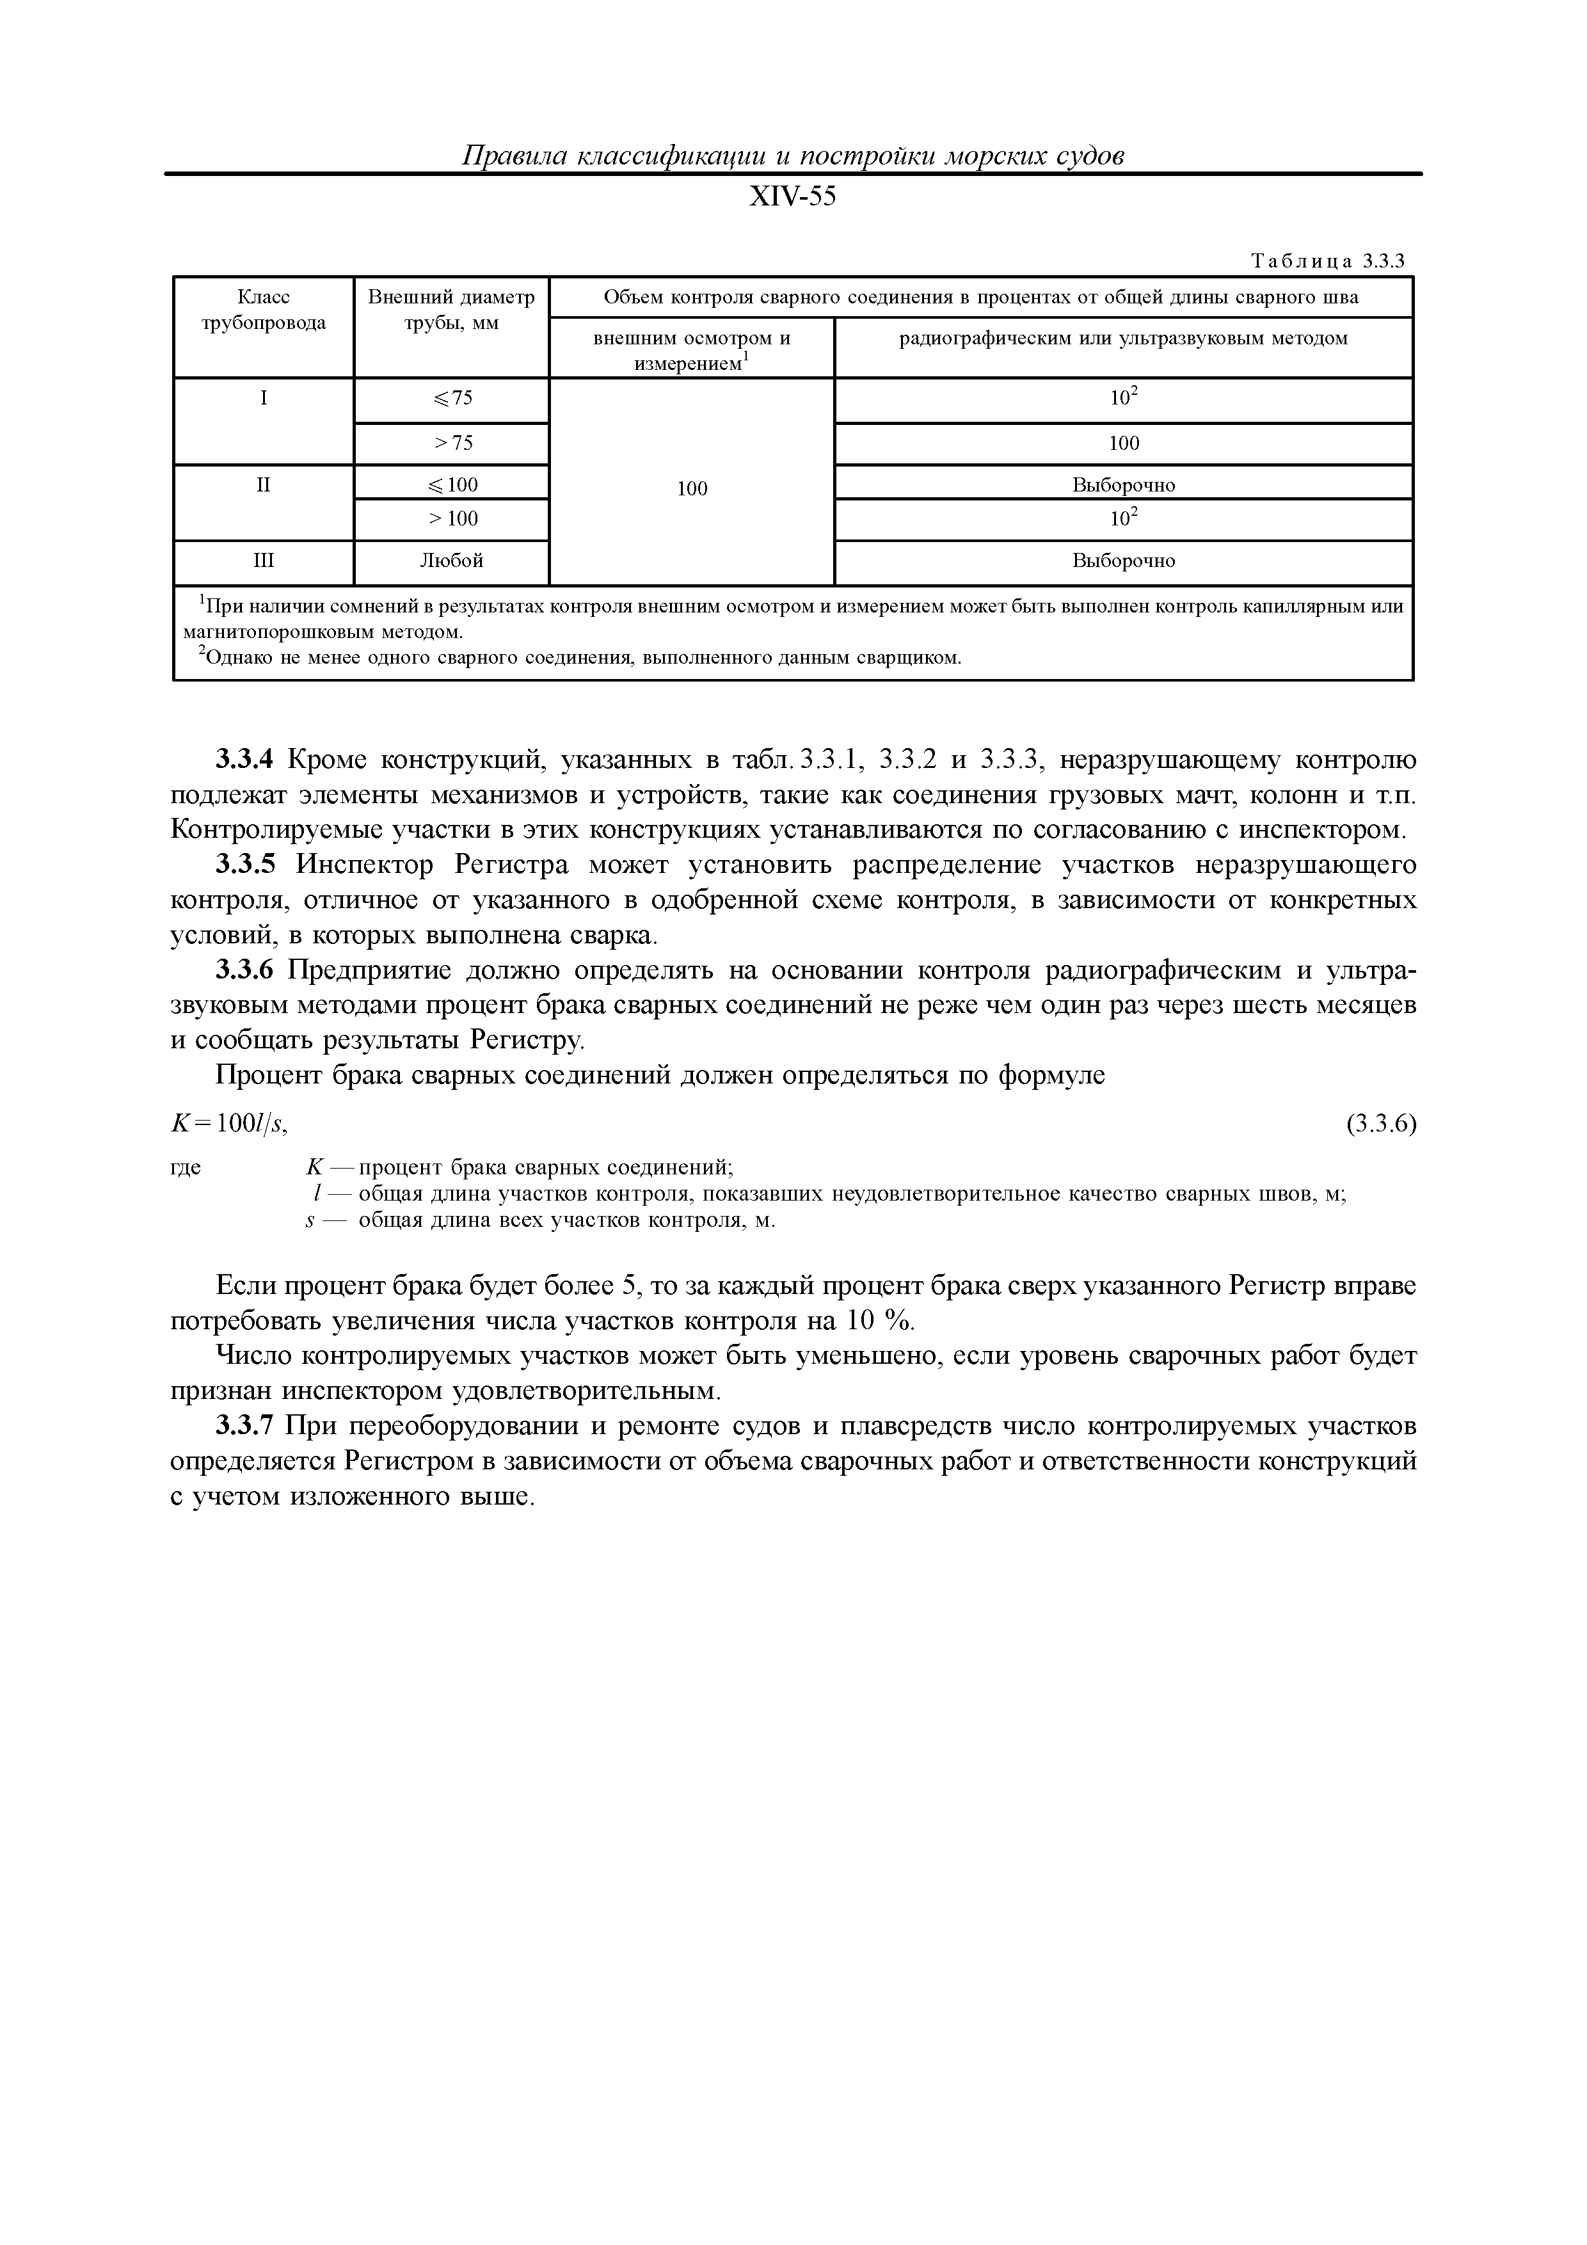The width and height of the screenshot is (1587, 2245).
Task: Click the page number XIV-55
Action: (792, 198)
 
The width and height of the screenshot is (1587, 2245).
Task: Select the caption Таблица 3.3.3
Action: (1327, 261)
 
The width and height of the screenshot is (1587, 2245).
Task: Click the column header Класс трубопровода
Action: (263, 310)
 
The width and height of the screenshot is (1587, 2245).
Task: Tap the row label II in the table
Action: (263, 484)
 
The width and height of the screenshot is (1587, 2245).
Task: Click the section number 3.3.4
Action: (246, 760)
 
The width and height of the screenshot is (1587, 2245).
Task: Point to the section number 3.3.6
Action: (246, 970)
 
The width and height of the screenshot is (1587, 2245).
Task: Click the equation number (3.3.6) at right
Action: (1380, 1124)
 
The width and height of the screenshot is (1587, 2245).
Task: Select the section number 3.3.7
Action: (246, 1426)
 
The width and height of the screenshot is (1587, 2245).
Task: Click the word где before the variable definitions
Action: (186, 1167)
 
